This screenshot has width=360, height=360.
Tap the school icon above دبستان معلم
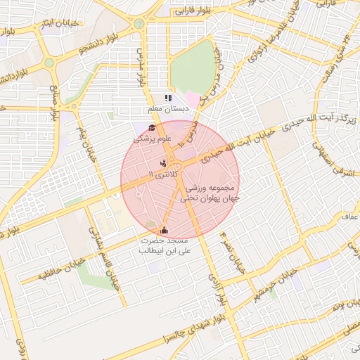(167, 98)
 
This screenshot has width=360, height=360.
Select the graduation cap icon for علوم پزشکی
(151, 127)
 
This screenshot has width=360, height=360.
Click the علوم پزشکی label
(149, 139)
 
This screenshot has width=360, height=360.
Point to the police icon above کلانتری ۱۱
(163, 163)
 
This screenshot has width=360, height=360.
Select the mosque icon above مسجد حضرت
(165, 229)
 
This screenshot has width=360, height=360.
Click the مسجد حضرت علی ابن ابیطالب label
(162, 245)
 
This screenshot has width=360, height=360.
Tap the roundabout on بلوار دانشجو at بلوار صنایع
(49, 63)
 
